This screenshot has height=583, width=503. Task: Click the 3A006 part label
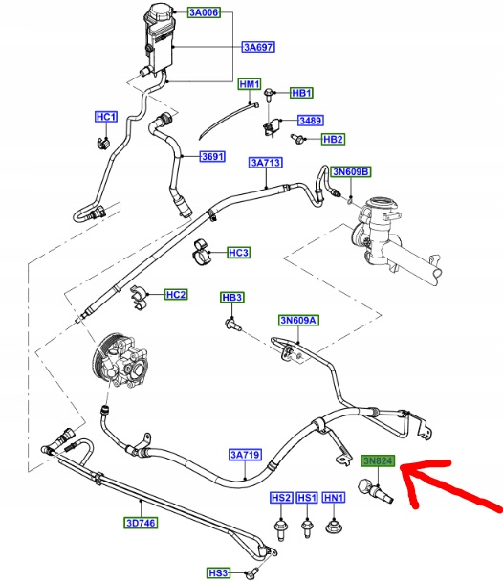coord(204,12)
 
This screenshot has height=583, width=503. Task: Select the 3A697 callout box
coord(258,47)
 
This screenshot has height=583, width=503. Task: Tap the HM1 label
coord(250,84)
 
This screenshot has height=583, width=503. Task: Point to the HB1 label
coord(301,93)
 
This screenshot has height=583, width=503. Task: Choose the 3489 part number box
coord(311,121)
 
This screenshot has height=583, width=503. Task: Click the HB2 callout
coord(333,139)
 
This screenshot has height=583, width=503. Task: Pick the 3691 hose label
coord(212,157)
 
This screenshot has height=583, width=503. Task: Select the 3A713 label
coord(266,163)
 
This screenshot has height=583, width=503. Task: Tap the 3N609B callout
coord(352,171)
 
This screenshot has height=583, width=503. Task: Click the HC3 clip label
coord(239,253)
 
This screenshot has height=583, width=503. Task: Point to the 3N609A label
coord(298,320)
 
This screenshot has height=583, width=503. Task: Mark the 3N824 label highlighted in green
coord(378,461)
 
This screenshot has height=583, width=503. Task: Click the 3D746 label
coord(141,523)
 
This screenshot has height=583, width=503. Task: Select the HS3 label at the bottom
coord(218,573)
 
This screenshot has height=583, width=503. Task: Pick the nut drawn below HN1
coord(333,527)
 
